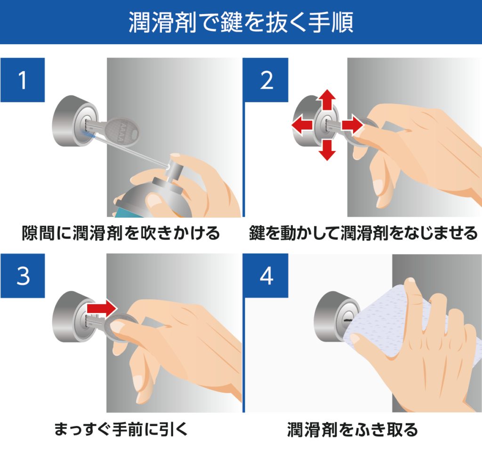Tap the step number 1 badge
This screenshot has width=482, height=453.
click(x=23, y=80)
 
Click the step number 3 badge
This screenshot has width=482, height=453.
click(x=23, y=276)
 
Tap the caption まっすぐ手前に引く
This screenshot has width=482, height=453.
click(x=121, y=429)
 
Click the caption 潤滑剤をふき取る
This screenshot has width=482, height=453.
click(x=353, y=429)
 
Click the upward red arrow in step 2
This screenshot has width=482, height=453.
click(x=326, y=100)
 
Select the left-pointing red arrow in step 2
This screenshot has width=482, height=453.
click(x=302, y=125)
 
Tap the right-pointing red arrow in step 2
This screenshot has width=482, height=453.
click(x=352, y=125)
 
